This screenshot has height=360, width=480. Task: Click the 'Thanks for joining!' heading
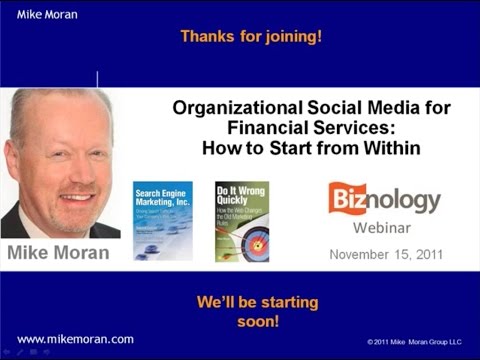pos(251,37)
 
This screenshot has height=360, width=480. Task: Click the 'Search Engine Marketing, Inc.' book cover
pos(162,221)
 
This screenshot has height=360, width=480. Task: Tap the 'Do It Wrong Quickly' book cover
pos(242,221)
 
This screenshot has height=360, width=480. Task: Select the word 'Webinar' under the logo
pos(385,226)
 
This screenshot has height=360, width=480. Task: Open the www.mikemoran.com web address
pos(76,339)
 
